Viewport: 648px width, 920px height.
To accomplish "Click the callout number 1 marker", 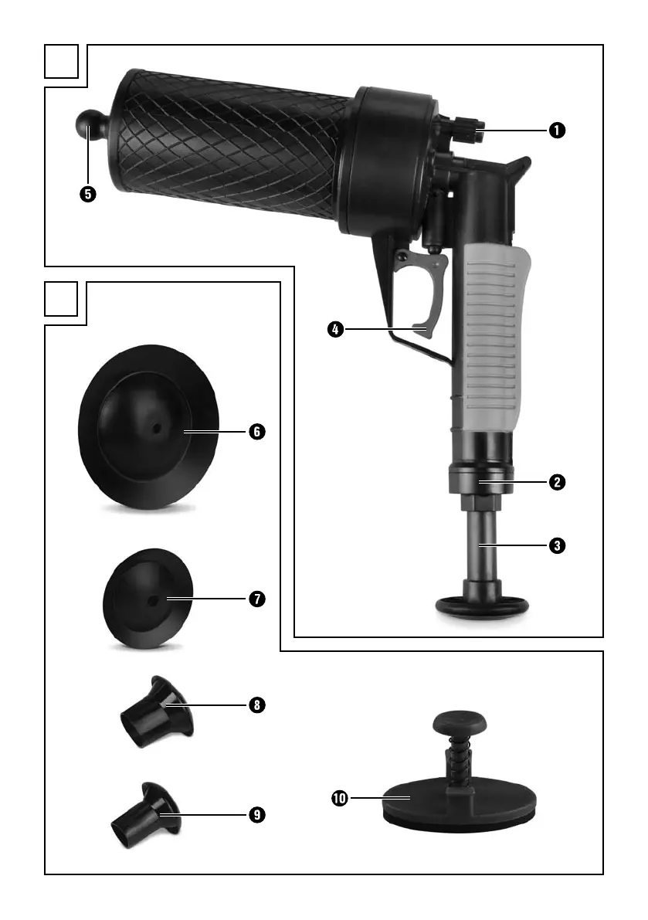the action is [557, 130].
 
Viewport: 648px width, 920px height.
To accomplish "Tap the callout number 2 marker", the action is [557, 482].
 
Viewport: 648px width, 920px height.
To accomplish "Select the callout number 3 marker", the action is [557, 545].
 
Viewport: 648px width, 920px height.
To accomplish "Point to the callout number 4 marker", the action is [335, 329].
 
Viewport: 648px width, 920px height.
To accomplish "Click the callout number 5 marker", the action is [88, 194].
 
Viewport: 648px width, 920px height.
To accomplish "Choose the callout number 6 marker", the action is [257, 432].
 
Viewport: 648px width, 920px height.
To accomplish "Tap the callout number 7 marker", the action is [257, 599].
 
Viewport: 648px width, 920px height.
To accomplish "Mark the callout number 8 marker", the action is [257, 704].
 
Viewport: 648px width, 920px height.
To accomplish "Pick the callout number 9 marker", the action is [257, 814].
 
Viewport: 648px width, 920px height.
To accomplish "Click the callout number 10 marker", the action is [340, 798].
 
